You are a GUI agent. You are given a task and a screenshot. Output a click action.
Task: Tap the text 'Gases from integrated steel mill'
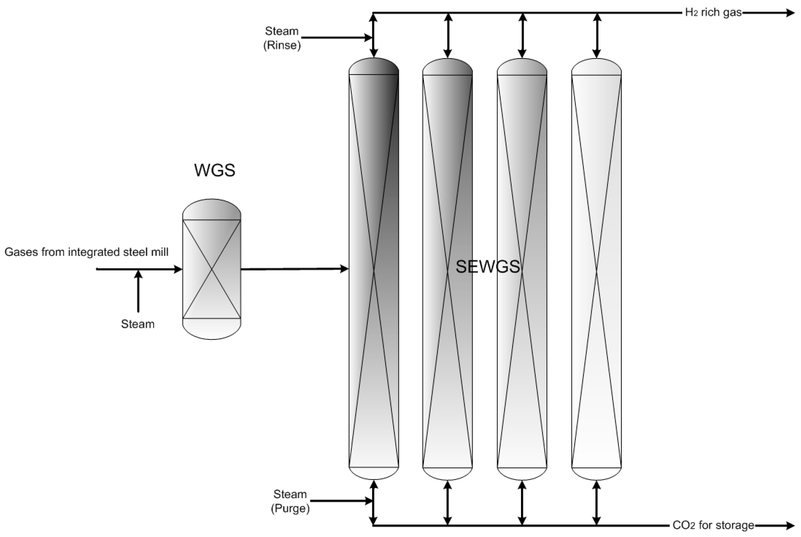tap(86, 252)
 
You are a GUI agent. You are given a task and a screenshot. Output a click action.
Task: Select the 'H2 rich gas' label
tap(713, 13)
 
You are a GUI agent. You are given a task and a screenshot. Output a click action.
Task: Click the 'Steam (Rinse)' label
tap(282, 38)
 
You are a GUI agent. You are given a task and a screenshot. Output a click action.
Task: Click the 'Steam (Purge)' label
tap(290, 501)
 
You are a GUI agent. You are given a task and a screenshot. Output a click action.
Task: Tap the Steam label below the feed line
tap(138, 324)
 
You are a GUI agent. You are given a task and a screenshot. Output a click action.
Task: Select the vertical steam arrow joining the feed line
tap(138, 291)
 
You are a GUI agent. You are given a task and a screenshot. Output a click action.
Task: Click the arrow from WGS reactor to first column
tap(295, 269)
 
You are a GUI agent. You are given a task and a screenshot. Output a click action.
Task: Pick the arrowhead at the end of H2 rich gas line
tap(790, 13)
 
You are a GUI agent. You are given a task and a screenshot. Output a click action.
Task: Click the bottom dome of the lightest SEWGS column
tap(597, 474)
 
